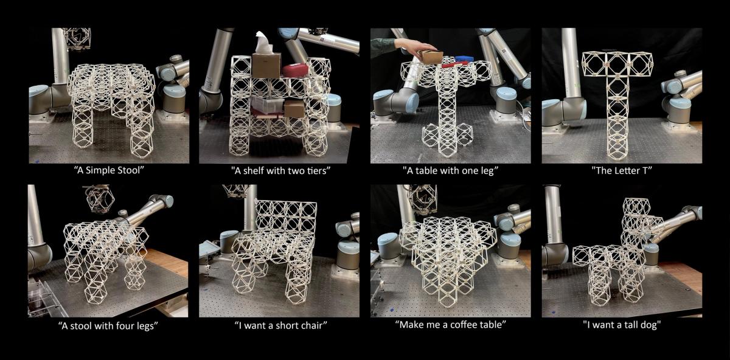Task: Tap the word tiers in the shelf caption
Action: point(313,171)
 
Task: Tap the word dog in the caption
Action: point(647,325)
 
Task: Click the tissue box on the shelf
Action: point(266,66)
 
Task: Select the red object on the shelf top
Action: point(295,71)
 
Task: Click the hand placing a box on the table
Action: point(414,47)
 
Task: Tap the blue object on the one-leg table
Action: point(464,58)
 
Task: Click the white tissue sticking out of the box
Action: point(263,43)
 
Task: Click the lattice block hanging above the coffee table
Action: point(422,199)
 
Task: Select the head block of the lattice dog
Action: point(636,207)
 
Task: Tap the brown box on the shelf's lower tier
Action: point(294,108)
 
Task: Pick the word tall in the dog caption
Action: point(628,325)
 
